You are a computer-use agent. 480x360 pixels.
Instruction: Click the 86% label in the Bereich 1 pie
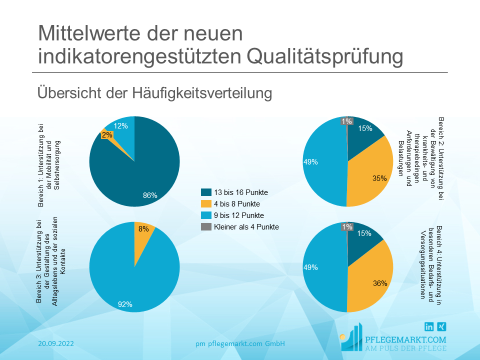coord(150,195)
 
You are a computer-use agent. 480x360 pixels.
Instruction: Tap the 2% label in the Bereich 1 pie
coord(107,135)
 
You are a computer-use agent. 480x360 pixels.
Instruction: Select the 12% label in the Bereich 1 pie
coord(120,126)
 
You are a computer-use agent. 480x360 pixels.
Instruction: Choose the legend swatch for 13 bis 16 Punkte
coord(206,192)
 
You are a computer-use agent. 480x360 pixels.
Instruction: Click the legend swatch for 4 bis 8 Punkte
coord(206,204)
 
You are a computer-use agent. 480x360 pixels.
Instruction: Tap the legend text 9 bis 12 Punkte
coord(239,215)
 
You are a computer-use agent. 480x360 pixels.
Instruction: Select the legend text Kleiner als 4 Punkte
coord(246,227)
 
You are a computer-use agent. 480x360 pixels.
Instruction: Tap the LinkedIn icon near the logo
coord(429,326)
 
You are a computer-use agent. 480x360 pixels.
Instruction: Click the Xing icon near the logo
coord(441,326)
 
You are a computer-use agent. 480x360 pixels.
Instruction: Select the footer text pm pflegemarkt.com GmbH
coord(240,343)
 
